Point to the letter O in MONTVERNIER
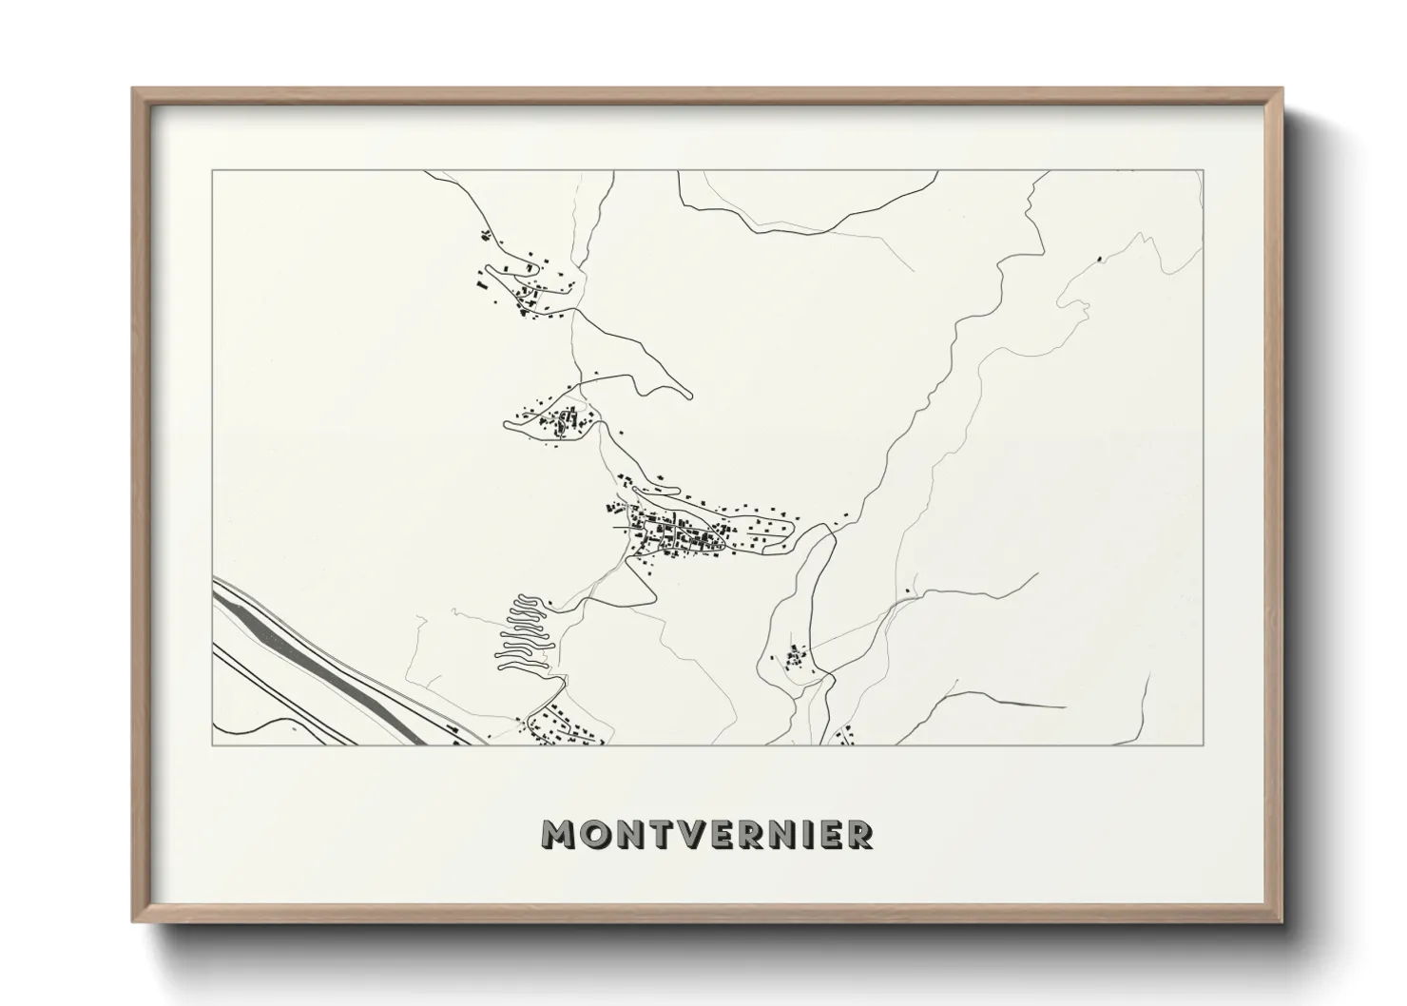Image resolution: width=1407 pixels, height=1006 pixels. [x=594, y=834]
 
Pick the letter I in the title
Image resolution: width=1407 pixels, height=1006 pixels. [x=807, y=834]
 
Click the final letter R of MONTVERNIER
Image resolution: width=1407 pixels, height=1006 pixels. [x=859, y=834]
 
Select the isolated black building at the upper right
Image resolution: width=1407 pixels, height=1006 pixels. [x=1101, y=256]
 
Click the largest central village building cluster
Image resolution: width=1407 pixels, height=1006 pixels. [x=680, y=537]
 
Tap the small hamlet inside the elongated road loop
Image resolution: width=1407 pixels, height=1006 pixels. [x=795, y=657]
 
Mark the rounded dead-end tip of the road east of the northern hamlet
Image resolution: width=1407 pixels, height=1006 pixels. [x=688, y=394]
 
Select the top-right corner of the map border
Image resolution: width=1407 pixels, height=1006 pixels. [x=1204, y=171]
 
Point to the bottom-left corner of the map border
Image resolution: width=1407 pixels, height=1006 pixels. [x=213, y=745]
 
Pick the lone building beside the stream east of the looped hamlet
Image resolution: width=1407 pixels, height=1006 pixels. [x=909, y=591]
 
